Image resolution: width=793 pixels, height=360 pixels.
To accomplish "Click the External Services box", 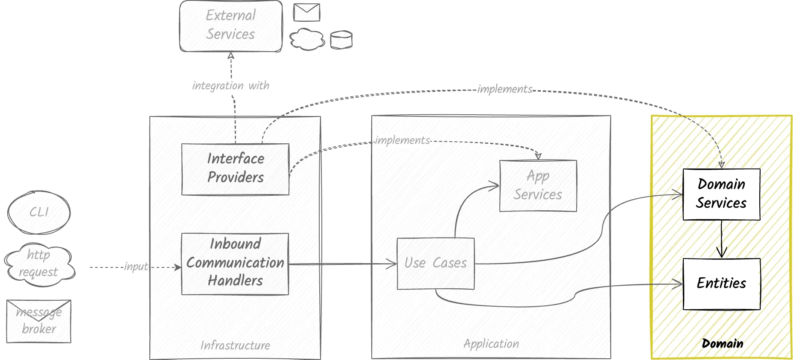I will point(230,26).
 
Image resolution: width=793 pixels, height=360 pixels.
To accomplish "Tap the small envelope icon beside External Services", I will point(306,12).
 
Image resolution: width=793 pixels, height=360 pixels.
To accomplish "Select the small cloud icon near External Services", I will point(306,39).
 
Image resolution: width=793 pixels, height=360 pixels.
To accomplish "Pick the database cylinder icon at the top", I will point(341,40).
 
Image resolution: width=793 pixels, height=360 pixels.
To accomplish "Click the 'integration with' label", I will point(230,86).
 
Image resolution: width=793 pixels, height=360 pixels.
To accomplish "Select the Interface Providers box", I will point(235,169).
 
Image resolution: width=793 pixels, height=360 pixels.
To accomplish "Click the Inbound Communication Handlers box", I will point(235,263).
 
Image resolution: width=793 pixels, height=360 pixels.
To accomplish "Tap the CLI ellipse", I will point(39,212).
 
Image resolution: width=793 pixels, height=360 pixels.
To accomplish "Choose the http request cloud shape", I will point(39,263).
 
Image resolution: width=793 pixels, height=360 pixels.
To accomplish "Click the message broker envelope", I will point(39,321).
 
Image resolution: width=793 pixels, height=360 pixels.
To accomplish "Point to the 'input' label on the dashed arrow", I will point(136,267).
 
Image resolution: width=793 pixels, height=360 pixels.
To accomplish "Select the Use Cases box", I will point(435,263).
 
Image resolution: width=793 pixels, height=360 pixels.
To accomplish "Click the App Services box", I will point(538,186).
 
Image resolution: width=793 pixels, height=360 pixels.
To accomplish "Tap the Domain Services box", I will point(721,194).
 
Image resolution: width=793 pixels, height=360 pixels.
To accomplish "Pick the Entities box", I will point(721,283).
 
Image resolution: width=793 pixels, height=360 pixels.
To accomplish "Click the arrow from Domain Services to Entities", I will point(721,239).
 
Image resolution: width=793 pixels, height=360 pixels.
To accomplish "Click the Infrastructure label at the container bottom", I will point(235,345).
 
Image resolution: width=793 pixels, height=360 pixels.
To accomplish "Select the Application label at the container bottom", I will point(491,344).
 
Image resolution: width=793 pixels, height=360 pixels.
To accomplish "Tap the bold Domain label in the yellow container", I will point(722,344).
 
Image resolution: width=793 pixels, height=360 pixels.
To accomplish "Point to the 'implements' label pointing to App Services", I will point(402,140).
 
